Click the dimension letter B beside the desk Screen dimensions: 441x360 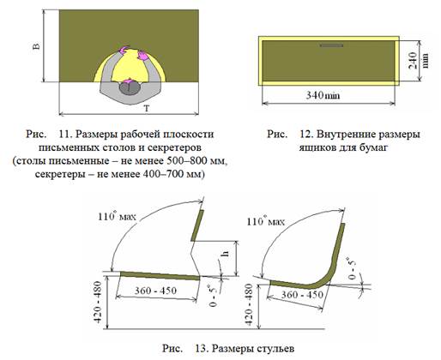tap(37, 46)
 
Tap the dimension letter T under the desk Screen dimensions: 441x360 tap(147, 109)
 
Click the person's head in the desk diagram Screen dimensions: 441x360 tap(130, 87)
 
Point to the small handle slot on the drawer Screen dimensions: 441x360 tap(331, 45)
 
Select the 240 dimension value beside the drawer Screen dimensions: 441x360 tap(413, 60)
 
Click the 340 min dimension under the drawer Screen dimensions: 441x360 tap(323, 95)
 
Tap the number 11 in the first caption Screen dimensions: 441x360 tap(65, 134)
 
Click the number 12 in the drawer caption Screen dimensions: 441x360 tap(306, 134)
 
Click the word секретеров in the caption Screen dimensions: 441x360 tap(172, 147)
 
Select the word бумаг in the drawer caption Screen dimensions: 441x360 tap(374, 147)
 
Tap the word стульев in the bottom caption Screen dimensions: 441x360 tap(275, 349)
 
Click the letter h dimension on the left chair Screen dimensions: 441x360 tap(226, 253)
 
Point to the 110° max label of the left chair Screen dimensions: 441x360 tap(117, 217)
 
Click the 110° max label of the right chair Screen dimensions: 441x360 tap(266, 221)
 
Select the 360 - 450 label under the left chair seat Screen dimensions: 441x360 tap(155, 291)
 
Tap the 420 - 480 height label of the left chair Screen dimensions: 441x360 tap(98, 302)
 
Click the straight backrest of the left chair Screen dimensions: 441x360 tap(197, 225)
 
